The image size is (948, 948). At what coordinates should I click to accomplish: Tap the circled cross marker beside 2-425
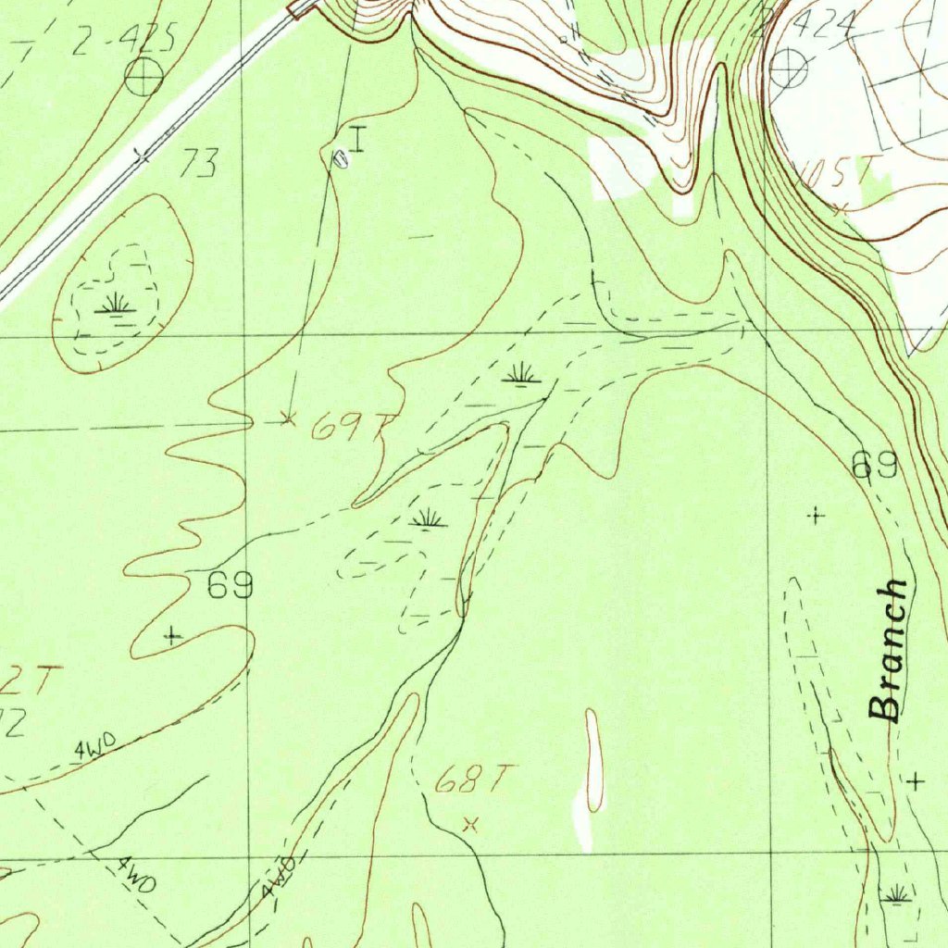[x=144, y=78]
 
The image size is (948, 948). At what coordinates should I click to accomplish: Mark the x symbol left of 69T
[x=288, y=419]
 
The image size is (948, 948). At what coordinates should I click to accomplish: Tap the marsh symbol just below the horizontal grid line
[x=521, y=374]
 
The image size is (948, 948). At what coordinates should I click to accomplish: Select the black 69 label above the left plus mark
[x=231, y=586]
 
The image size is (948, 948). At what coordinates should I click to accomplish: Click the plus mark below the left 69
[x=173, y=635]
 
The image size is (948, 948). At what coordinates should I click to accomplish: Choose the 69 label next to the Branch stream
[x=875, y=466]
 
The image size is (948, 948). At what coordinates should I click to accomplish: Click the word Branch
[x=889, y=651]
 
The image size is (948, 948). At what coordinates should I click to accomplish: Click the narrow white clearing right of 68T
[x=593, y=759]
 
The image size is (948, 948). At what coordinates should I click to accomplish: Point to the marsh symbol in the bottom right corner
[x=896, y=894]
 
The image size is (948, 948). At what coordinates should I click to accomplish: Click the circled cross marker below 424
[x=789, y=69]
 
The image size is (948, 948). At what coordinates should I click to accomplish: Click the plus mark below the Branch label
[x=916, y=781]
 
